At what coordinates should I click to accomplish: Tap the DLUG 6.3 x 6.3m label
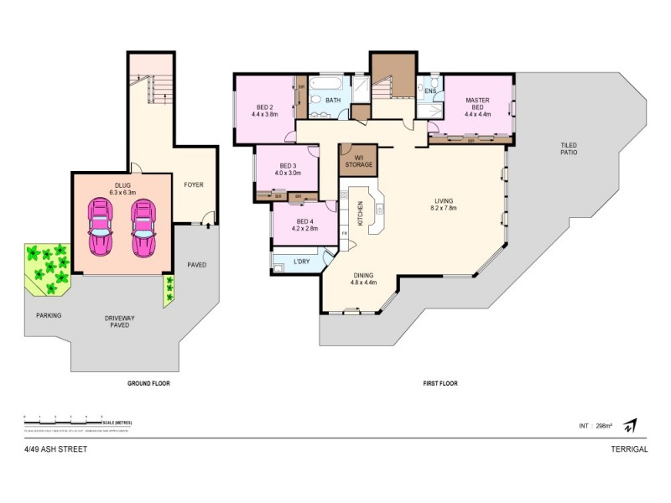click(x=122, y=189)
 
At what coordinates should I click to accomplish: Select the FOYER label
click(x=194, y=184)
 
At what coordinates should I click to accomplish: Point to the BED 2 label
click(x=264, y=110)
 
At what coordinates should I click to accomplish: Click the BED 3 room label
click(x=288, y=169)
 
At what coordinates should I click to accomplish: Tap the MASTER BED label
click(x=477, y=105)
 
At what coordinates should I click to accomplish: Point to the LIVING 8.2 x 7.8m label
click(x=444, y=205)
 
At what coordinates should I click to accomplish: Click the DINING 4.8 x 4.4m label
click(x=363, y=278)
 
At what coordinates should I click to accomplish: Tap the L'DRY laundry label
click(x=302, y=262)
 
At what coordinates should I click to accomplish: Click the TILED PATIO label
click(x=570, y=148)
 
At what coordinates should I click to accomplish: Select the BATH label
click(x=333, y=101)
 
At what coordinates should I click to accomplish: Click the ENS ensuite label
click(x=430, y=91)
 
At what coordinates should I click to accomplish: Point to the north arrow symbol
click(x=630, y=425)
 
